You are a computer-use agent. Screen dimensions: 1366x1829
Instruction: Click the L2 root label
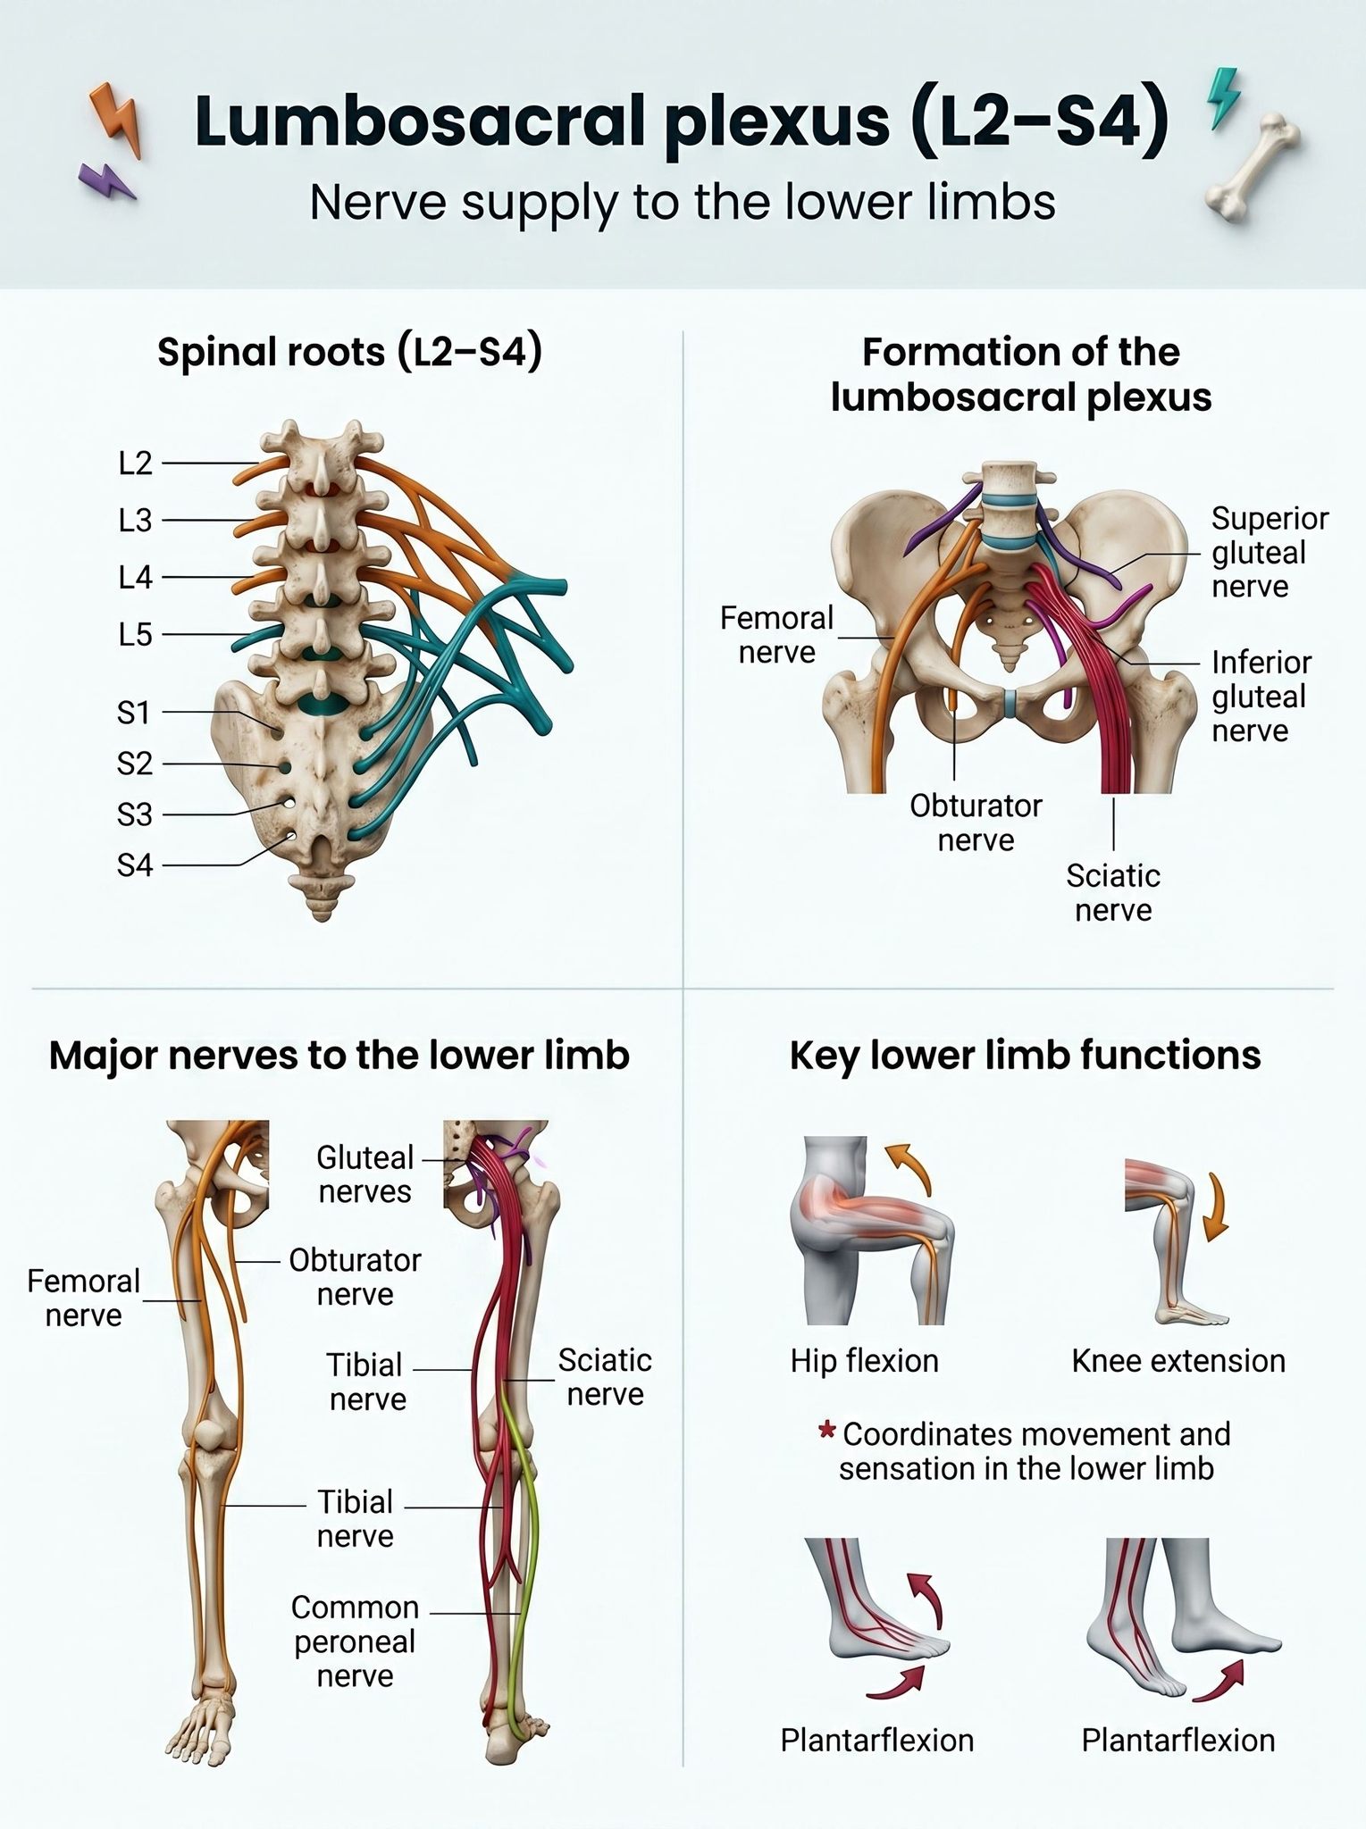(136, 464)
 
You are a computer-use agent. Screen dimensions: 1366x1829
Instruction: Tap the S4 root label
(135, 865)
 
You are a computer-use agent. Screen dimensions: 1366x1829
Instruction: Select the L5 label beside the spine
(136, 635)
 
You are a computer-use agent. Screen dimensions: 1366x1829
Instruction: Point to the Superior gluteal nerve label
(1270, 552)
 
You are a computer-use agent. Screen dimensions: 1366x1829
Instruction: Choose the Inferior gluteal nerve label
(1261, 697)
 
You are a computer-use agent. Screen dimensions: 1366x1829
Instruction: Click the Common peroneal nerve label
(355, 1641)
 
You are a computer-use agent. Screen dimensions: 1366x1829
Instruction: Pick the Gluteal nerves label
(365, 1174)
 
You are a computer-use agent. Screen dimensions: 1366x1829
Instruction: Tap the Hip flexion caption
(864, 1361)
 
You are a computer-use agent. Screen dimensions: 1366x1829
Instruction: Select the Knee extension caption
(1178, 1361)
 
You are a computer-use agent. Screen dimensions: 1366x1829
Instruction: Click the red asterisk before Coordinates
(826, 1432)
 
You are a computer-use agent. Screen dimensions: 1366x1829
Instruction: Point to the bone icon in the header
(1252, 168)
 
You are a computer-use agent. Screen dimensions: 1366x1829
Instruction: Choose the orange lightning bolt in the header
(116, 121)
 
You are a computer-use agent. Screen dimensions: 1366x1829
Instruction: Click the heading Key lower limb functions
(1025, 1055)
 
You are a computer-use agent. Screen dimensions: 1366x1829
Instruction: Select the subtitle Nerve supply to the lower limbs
(683, 203)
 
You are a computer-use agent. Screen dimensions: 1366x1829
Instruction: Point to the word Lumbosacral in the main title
(419, 121)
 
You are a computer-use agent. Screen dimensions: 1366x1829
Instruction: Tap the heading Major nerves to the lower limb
(339, 1055)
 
